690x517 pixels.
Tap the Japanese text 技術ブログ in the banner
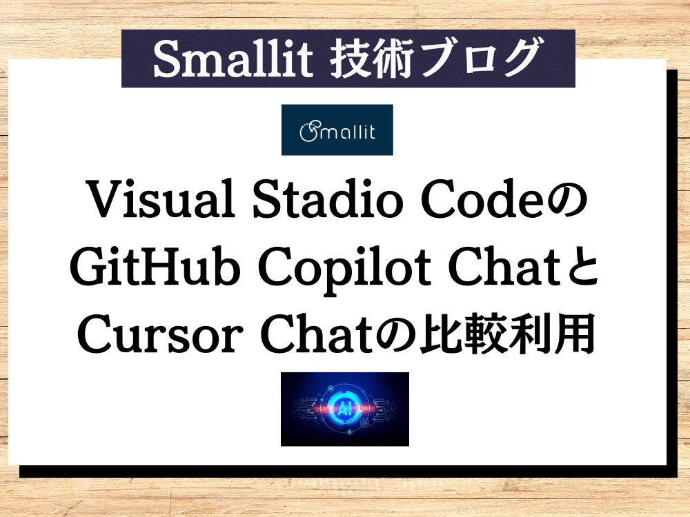(x=434, y=59)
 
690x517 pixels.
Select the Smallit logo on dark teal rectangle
(x=337, y=130)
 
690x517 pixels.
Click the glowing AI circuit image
(x=344, y=409)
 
